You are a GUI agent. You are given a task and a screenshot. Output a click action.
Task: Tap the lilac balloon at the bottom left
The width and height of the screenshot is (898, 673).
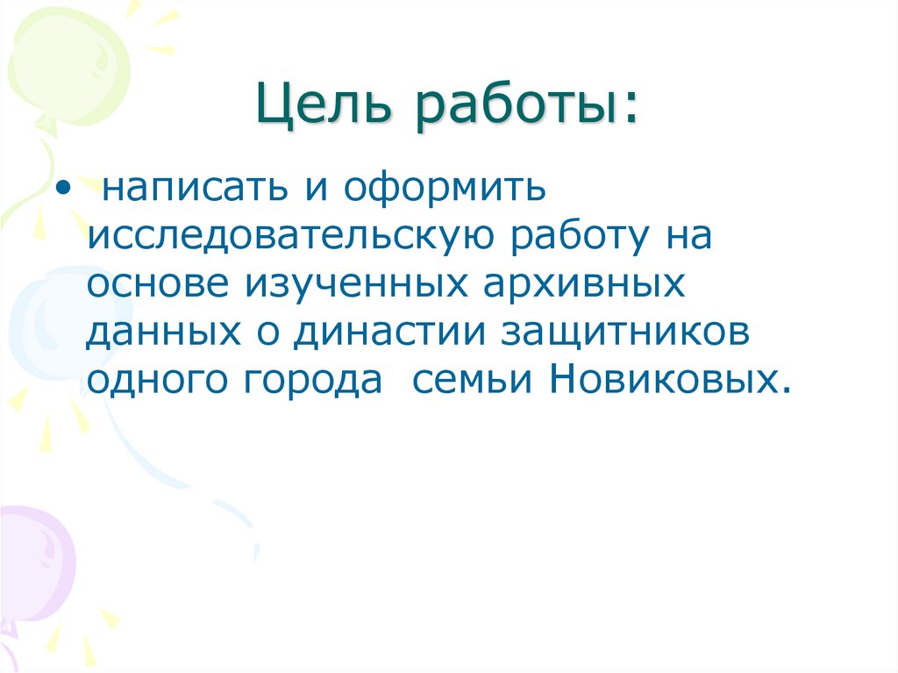tap(31, 562)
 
